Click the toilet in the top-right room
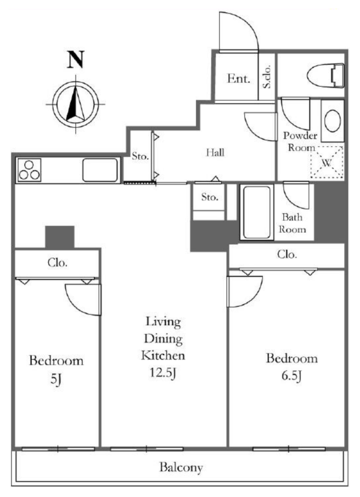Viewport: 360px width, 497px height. (x=326, y=76)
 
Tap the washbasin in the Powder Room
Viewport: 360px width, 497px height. (x=332, y=121)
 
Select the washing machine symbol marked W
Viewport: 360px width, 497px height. (x=327, y=162)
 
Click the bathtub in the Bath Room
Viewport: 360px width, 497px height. (x=257, y=212)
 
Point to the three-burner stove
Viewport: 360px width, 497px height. (x=29, y=170)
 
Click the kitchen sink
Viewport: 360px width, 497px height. (x=100, y=170)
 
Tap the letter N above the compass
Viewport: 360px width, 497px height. (x=75, y=59)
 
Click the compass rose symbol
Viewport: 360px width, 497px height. (x=75, y=104)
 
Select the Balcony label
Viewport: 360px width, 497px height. (x=181, y=467)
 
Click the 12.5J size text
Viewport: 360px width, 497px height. (x=163, y=372)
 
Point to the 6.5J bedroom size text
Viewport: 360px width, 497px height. (x=292, y=376)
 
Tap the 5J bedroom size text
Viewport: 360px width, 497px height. (x=56, y=379)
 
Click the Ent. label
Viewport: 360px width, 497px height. (x=239, y=78)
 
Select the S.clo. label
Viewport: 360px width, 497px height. (x=267, y=76)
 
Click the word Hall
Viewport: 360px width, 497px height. (x=215, y=152)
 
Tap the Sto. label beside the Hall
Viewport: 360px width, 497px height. (x=140, y=156)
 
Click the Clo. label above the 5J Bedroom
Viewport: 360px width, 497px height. (x=57, y=263)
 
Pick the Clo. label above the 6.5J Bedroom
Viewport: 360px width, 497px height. (x=287, y=254)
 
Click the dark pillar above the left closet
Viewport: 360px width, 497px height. (x=60, y=237)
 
